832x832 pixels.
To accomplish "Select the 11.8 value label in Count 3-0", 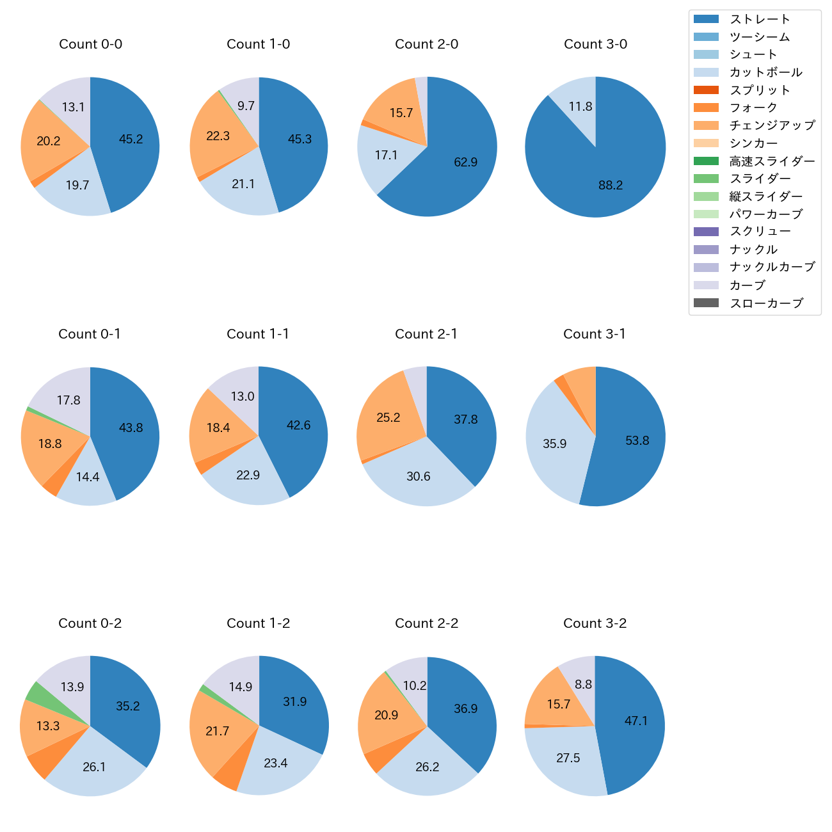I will tap(580, 106).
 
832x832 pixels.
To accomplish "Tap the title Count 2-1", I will tap(426, 334).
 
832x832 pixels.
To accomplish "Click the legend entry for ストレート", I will tap(760, 19).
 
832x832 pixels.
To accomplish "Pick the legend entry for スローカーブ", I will tap(766, 303).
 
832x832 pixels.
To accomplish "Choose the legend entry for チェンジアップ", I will tap(772, 125).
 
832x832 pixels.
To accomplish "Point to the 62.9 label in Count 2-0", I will tap(466, 162).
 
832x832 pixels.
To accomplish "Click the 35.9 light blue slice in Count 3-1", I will tap(554, 444).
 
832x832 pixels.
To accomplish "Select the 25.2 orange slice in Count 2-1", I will tap(388, 417).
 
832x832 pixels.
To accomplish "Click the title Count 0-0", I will tap(91, 44).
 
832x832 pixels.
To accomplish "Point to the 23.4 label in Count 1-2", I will tap(276, 763).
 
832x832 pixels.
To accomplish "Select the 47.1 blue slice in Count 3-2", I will tap(636, 721).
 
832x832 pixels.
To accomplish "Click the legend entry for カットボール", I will tap(765, 72).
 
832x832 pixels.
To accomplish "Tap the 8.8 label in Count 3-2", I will tap(583, 684).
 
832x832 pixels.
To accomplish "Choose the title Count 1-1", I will tap(258, 334).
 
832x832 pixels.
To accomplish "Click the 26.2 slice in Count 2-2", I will tap(427, 767).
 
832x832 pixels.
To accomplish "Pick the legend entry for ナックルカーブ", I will tap(772, 268).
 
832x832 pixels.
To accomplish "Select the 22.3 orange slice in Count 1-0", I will tap(218, 136).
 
